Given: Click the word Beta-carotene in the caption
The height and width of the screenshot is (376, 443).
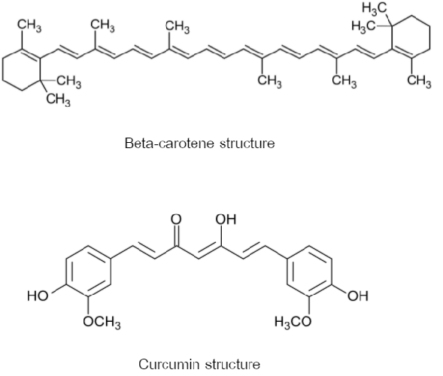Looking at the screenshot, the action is click(x=169, y=143).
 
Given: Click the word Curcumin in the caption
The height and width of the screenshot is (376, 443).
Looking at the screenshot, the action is click(x=168, y=364).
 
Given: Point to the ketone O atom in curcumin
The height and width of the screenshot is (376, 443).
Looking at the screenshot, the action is click(x=176, y=220).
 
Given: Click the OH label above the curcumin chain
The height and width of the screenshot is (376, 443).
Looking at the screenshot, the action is click(x=226, y=220).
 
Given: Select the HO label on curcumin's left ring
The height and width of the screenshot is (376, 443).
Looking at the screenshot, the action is click(x=38, y=296).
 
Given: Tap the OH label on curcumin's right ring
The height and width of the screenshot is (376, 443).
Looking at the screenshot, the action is click(x=358, y=296).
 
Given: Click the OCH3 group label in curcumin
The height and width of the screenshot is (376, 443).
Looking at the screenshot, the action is click(x=102, y=322).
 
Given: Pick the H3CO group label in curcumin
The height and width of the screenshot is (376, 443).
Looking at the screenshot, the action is click(x=293, y=322).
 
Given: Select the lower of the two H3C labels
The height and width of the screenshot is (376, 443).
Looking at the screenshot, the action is click(x=364, y=26).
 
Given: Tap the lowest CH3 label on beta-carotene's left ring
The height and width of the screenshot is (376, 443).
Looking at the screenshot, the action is click(x=59, y=99).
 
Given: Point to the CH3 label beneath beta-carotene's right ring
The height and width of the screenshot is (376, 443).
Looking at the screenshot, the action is click(x=419, y=81).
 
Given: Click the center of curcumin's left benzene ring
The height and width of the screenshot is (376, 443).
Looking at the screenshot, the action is click(x=88, y=271).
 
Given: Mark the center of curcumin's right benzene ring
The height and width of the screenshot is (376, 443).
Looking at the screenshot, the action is click(x=309, y=271).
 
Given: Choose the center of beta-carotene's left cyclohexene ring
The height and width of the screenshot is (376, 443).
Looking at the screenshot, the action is click(x=21, y=70).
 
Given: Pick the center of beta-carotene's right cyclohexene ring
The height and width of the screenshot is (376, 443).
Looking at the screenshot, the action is click(x=411, y=37).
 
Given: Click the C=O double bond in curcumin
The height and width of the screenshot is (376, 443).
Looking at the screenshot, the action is click(x=176, y=235).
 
